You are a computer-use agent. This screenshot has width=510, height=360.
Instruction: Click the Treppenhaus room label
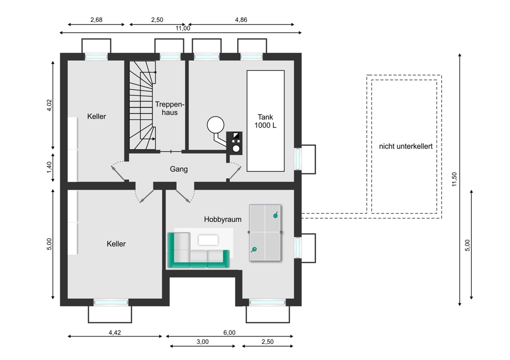pos(169,108)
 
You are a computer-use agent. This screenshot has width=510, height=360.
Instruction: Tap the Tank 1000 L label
pos(265,121)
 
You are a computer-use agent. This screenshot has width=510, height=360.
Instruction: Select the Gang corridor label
pos(178,169)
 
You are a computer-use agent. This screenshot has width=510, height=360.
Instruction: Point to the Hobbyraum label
pos(222,219)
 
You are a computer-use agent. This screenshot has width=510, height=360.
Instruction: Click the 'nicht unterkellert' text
pos(405,146)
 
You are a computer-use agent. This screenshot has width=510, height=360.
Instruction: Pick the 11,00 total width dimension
pos(183,28)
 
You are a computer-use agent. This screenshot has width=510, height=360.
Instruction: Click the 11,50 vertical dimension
pos(454,179)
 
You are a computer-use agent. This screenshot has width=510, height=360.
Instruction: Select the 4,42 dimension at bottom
pos(114,332)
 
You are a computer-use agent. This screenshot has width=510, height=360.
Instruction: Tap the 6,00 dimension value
pos(229,332)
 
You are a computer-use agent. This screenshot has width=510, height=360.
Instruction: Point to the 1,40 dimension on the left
pos(49,167)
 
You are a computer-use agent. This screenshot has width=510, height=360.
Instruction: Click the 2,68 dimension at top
pos(96,20)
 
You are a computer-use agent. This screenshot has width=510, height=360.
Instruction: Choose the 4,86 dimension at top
pos(241,20)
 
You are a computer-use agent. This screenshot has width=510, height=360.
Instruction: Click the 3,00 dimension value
pos(202,342)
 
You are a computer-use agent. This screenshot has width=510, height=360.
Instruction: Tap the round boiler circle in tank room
pos(216,125)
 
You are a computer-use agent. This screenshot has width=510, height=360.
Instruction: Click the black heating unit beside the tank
pos(234,143)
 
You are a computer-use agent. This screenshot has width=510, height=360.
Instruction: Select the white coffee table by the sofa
pos(208,240)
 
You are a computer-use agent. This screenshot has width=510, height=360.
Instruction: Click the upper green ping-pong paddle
pos(276,215)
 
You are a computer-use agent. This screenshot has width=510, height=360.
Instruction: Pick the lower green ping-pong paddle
pos(253,250)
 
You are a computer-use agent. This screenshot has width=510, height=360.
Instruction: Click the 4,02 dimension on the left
pos(49,105)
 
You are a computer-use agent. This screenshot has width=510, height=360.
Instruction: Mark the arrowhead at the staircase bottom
pos(154,139)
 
